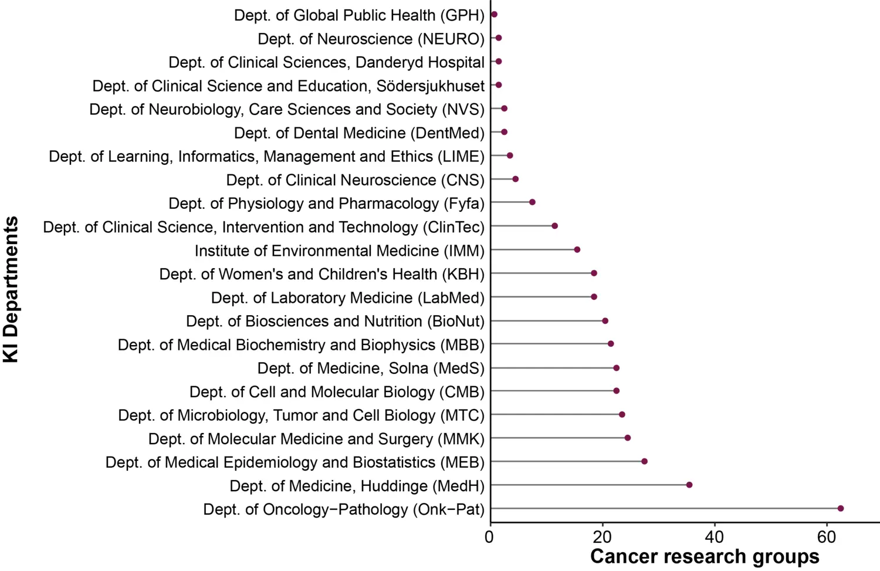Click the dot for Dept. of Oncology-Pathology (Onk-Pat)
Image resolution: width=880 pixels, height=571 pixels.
[x=840, y=508]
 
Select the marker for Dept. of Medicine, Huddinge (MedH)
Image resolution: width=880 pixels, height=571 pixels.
[x=689, y=485]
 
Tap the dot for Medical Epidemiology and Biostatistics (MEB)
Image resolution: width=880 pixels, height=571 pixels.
[x=644, y=461]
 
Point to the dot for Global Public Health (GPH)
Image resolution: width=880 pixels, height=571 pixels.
[x=494, y=14]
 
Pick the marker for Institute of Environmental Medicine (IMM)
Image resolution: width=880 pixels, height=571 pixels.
[x=577, y=249]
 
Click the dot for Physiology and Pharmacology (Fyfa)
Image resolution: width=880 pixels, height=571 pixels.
[x=532, y=202]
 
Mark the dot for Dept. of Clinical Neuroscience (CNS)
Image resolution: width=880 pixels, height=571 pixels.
[x=515, y=178]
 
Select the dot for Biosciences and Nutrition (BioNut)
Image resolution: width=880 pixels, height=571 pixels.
[x=605, y=320]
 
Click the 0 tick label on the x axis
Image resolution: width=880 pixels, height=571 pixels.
[x=489, y=537]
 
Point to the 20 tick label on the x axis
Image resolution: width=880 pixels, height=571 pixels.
[x=602, y=537]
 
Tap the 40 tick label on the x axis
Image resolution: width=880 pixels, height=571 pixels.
[x=714, y=537]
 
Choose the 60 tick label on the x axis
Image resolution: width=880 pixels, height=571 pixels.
[x=826, y=537]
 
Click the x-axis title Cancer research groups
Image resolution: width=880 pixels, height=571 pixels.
[x=704, y=556]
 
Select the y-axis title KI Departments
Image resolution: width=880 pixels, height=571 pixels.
[x=11, y=289]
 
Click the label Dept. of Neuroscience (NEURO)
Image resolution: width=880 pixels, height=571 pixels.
[x=371, y=39]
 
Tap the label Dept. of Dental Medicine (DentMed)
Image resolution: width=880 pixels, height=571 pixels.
[x=359, y=133]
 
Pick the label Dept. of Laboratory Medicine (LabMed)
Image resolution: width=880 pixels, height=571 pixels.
[x=347, y=298]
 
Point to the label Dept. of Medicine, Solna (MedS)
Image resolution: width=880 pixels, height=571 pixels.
[x=371, y=369]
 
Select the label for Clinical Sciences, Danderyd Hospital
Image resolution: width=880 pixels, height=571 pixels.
[x=326, y=62]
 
